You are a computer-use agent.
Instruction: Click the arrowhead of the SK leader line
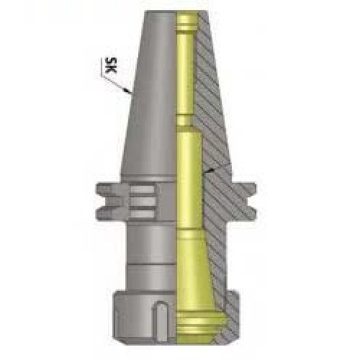127,93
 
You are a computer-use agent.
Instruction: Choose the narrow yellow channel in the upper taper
186,79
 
